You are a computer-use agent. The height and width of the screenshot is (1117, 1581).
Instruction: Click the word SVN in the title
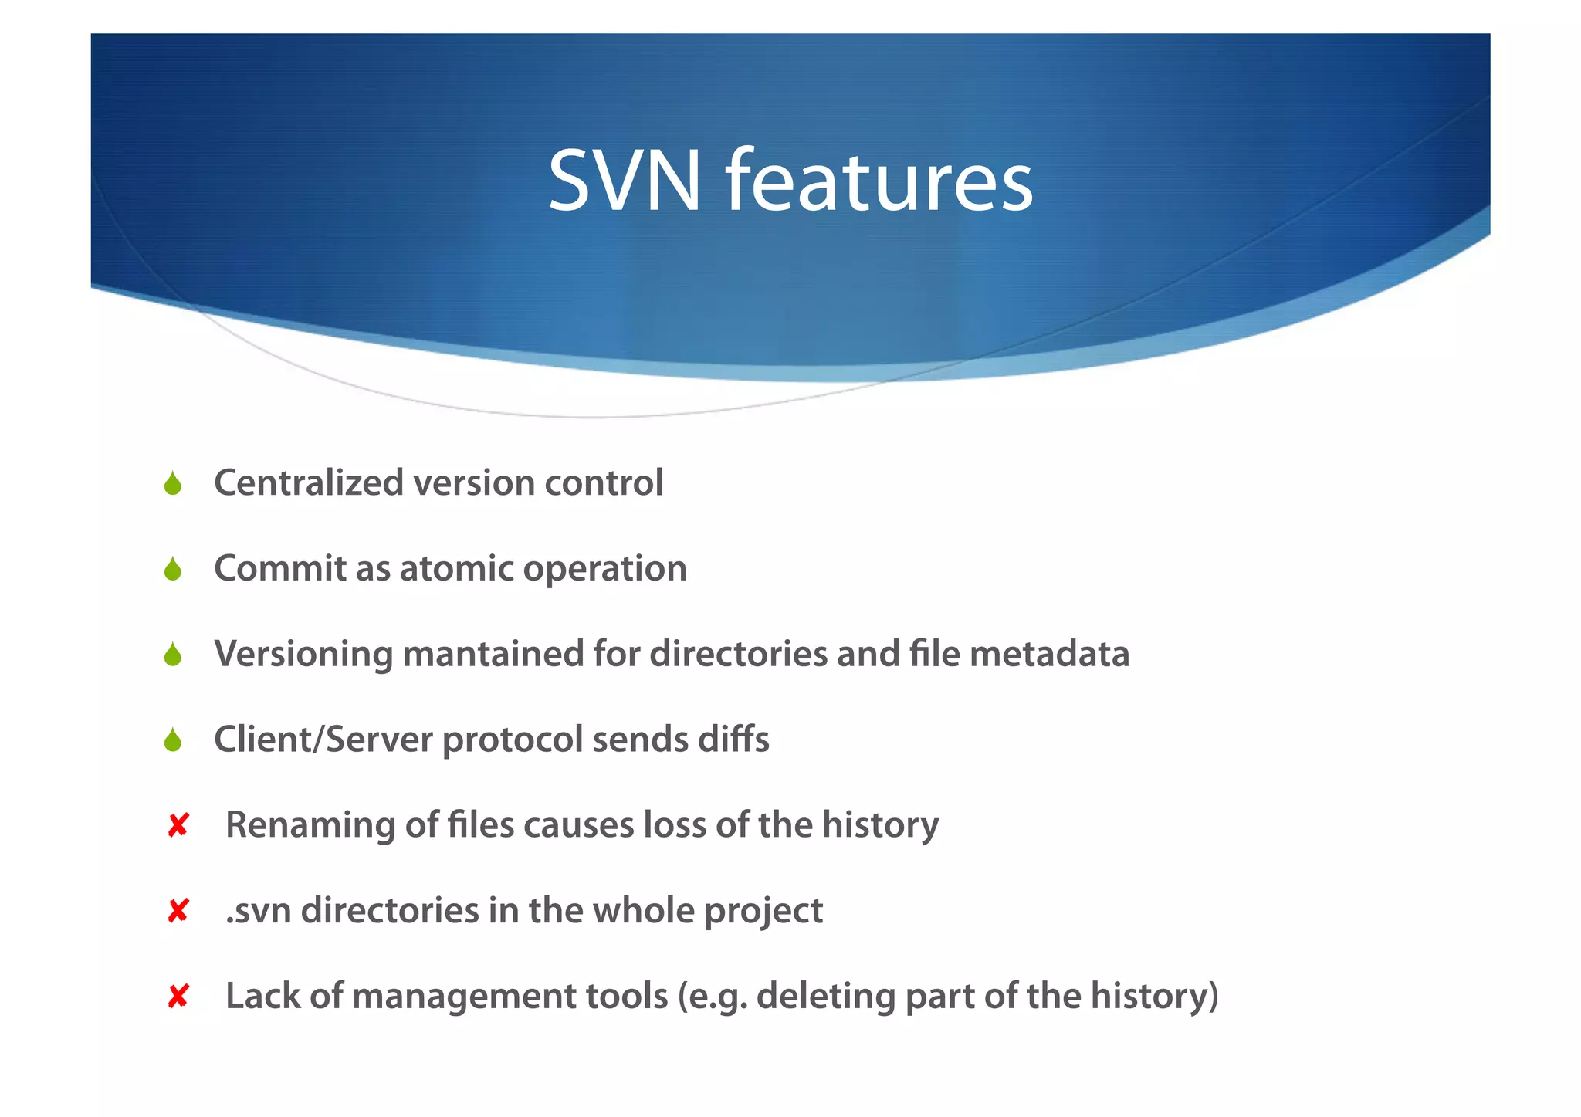624,182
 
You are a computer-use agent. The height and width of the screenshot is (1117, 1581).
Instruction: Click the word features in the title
879,182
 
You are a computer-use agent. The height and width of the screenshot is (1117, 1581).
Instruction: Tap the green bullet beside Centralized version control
173,484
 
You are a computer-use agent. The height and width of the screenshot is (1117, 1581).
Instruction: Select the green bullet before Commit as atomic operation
173,570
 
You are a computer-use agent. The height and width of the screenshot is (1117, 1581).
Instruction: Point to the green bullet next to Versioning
173,655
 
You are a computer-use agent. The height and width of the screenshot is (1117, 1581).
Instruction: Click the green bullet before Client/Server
173,741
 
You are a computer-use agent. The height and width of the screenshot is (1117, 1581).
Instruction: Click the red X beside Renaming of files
178,826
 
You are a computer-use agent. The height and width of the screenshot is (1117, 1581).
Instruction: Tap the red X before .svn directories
178,912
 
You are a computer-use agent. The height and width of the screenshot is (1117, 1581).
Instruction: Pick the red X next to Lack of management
178,997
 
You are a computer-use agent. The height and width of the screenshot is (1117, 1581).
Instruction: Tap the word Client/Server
323,740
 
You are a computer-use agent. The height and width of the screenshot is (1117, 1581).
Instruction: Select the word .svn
259,911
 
